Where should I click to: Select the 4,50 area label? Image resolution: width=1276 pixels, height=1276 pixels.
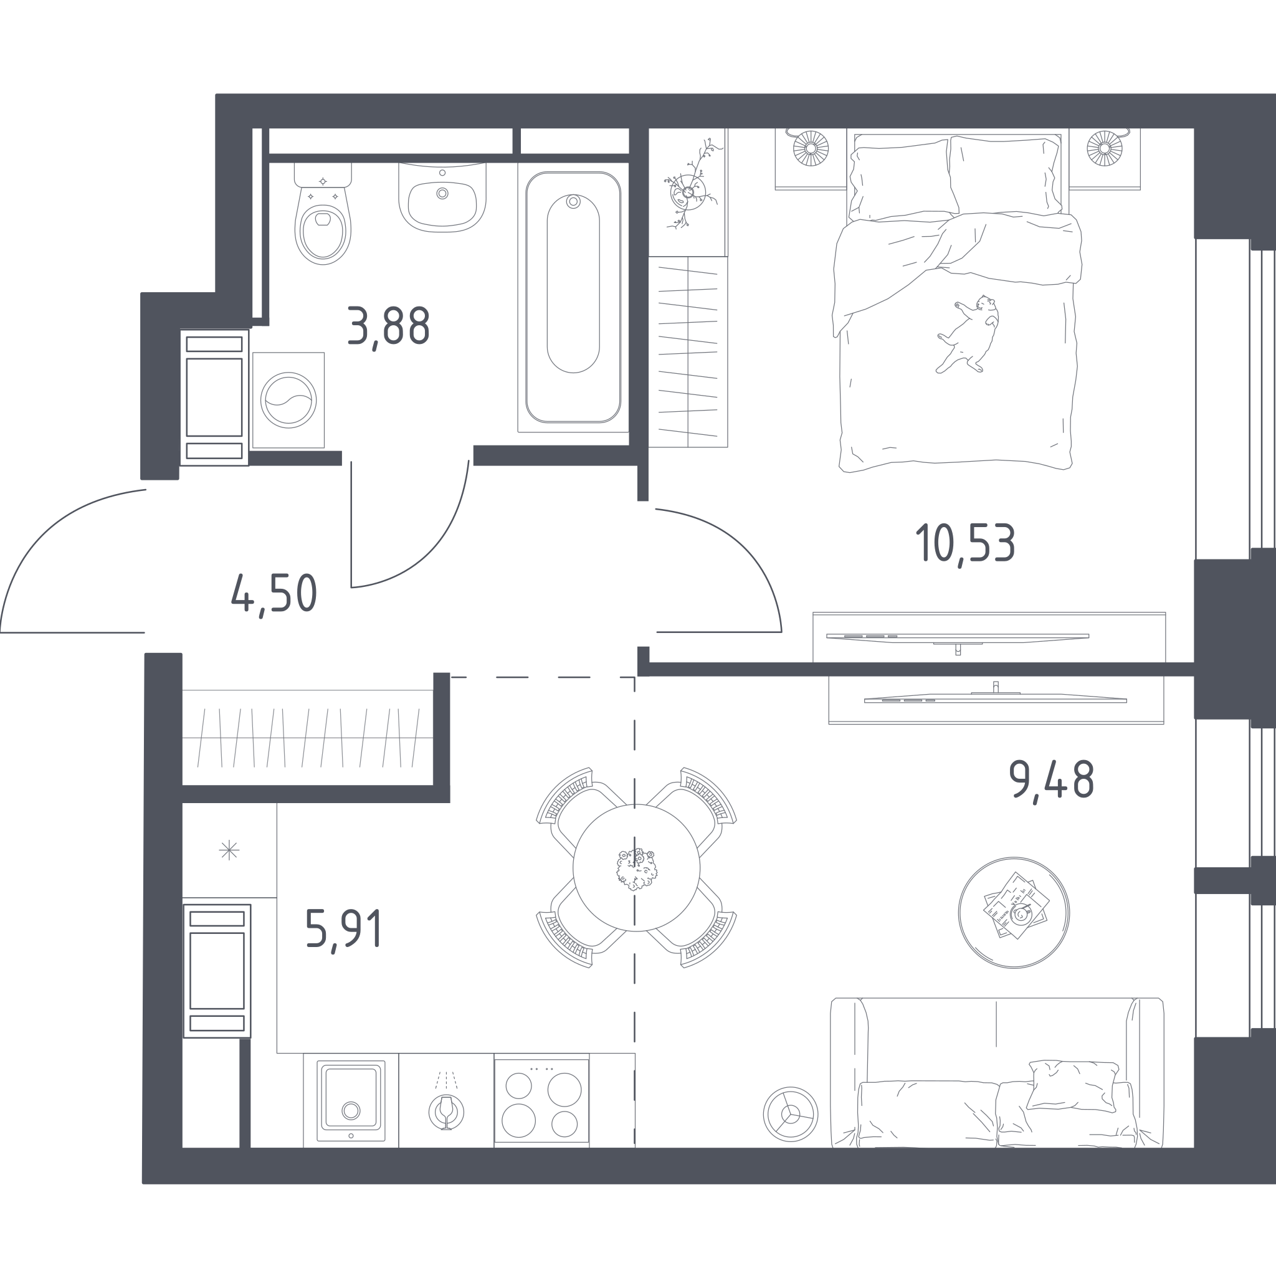(274, 594)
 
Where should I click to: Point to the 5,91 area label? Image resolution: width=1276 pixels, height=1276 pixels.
(343, 930)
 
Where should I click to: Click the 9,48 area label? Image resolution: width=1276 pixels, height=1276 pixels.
(1052, 781)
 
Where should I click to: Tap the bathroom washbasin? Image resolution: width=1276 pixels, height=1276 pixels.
(442, 198)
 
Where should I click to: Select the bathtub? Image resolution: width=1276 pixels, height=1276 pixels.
(573, 297)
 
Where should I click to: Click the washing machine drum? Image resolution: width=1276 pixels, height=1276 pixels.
(288, 399)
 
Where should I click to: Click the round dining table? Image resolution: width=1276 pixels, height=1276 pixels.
(636, 867)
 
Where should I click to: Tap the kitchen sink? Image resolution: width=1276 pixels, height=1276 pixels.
(351, 1100)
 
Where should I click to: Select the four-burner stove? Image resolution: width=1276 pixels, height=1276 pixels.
(541, 1101)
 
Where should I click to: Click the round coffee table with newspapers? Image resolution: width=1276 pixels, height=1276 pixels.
(1014, 913)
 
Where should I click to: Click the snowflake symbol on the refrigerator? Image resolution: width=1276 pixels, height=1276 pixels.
(229, 850)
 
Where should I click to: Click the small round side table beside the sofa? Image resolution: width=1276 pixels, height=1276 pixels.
(791, 1114)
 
